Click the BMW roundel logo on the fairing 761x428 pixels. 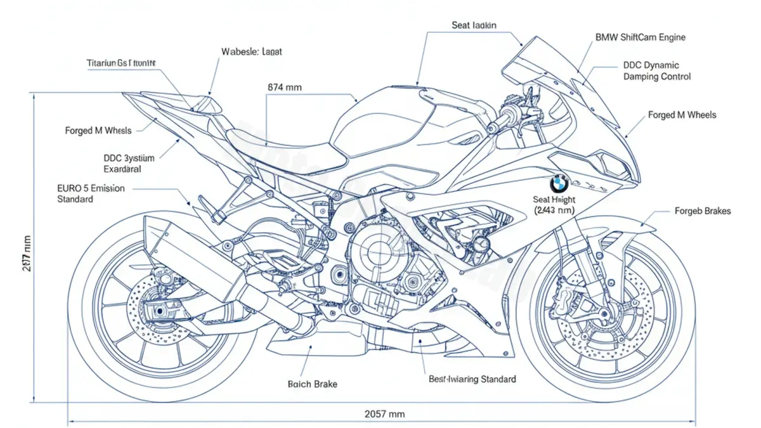559,183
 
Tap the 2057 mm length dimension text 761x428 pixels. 384,414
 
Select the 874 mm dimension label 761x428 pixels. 284,87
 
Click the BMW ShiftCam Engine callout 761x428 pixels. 640,37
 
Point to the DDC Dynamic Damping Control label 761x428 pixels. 656,70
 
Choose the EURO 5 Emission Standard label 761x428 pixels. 91,193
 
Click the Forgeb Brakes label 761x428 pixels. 702,211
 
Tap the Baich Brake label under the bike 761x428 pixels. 312,384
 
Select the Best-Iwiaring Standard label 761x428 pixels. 472,379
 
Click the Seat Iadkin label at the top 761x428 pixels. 474,25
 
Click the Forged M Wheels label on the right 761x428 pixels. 682,115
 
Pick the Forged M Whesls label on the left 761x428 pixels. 98,131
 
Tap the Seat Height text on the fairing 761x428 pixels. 556,204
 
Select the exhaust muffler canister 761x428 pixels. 190,254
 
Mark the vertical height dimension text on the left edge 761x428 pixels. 26,254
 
